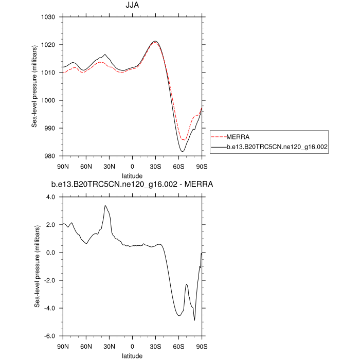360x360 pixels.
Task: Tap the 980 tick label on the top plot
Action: pos(50,156)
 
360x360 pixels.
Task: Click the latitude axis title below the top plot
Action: pos(133,175)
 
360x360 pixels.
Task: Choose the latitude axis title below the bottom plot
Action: pos(133,355)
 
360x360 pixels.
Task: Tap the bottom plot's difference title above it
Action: pos(132,184)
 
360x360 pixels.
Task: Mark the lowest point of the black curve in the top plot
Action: pos(183,151)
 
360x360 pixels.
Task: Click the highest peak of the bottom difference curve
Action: pos(105,206)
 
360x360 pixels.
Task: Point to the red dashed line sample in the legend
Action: pos(218,136)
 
